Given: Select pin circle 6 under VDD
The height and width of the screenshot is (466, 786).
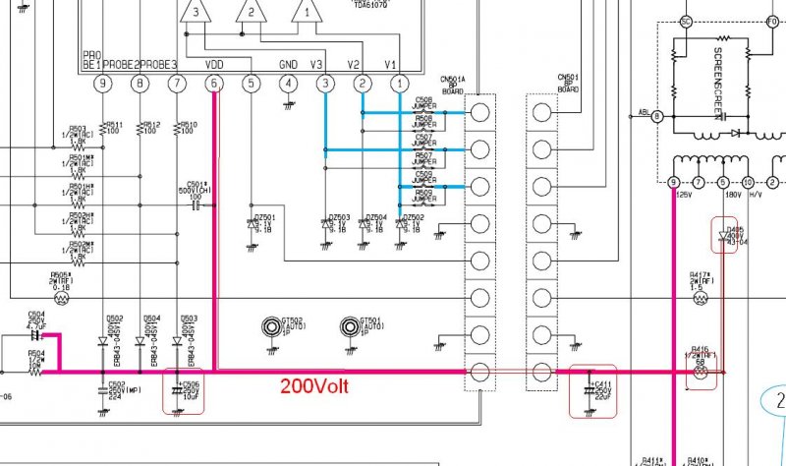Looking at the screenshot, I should pos(214,85).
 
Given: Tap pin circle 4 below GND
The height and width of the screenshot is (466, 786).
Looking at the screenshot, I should pos(288,85).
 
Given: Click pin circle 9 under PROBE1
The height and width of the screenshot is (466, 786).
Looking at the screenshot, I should pos(103,85).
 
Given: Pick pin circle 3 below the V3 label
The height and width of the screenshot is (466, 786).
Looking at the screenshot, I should pos(325,85).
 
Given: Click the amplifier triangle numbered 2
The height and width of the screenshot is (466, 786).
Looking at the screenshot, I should pos(252,13).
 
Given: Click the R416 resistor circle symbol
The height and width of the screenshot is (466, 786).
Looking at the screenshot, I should pos(700,373).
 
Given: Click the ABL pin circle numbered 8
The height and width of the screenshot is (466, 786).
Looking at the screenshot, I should pos(658,116).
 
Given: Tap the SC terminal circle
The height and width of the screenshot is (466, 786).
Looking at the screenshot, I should pos(687,22).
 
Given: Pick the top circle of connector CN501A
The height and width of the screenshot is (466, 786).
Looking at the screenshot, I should pos(480,111).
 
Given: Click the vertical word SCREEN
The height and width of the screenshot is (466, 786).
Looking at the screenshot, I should pos(718,68).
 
